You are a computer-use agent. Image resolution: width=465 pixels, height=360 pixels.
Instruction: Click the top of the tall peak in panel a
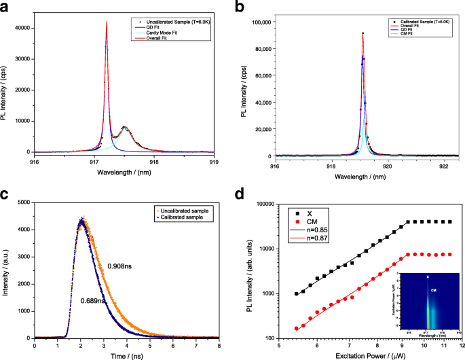pyautogui.click(x=107, y=22)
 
